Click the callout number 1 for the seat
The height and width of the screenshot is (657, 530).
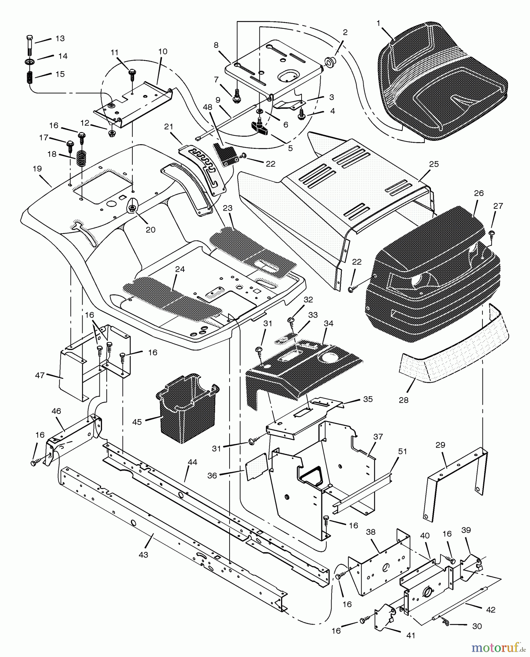click(378, 23)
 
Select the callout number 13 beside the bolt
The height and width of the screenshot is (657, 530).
click(60, 38)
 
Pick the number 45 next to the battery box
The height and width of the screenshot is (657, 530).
click(137, 422)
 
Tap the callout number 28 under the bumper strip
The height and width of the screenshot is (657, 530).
click(404, 400)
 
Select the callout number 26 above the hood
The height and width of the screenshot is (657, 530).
click(479, 193)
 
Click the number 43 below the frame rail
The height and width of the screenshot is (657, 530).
click(143, 554)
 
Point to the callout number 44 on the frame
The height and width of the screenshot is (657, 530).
click(192, 462)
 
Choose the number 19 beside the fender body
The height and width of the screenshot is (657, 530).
click(37, 169)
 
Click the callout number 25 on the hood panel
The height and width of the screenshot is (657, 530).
click(434, 164)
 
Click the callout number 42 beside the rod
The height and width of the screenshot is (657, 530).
click(491, 610)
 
